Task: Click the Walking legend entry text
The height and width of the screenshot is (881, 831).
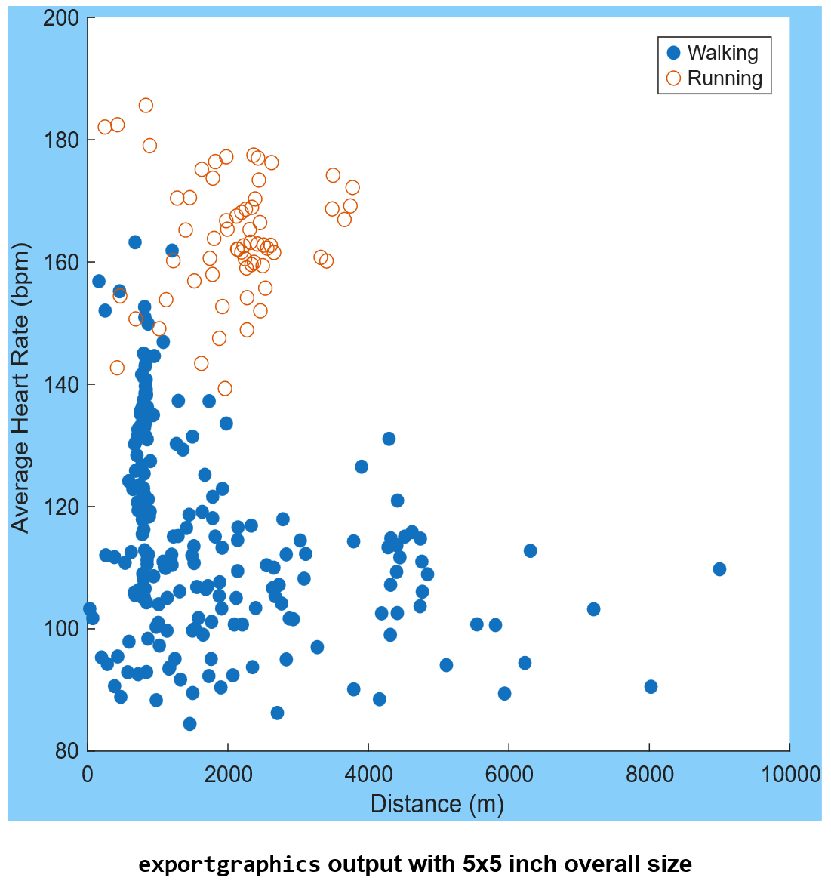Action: coord(722,53)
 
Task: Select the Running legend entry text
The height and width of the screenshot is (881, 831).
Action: coord(725,79)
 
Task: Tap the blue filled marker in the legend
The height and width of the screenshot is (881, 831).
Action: coord(674,53)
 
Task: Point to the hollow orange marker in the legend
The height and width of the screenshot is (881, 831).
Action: coord(674,79)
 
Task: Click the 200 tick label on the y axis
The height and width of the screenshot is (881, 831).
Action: coord(61,18)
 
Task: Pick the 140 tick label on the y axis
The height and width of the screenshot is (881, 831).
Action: coord(61,385)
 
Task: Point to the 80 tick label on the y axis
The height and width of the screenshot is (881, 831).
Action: coord(66,751)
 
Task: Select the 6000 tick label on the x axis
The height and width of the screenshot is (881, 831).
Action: coord(509,775)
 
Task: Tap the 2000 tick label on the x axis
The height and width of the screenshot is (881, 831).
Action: coord(228,775)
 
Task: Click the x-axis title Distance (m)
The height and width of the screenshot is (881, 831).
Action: coord(437,804)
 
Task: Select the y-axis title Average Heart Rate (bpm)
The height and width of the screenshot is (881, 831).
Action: coord(20,388)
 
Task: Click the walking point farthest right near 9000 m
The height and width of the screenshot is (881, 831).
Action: coord(719,569)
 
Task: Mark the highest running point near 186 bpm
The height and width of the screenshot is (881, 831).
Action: coord(146,105)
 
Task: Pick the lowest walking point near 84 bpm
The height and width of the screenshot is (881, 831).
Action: coord(189,724)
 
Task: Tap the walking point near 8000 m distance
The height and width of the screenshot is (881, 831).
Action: coord(651,687)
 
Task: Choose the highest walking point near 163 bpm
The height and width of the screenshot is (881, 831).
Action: coord(135,242)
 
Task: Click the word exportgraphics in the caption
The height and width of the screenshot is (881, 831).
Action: coord(229,864)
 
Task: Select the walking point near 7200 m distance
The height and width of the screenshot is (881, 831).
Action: coord(593,609)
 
